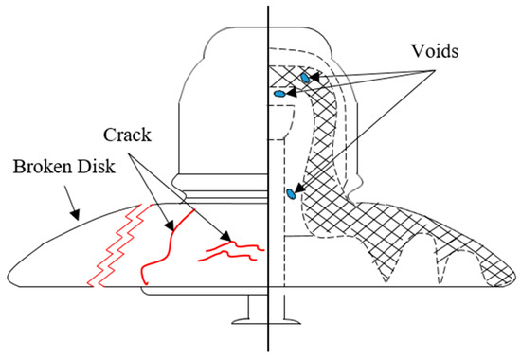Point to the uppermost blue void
pyautogui.click(x=305, y=76)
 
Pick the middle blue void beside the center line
pyautogui.click(x=279, y=94)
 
